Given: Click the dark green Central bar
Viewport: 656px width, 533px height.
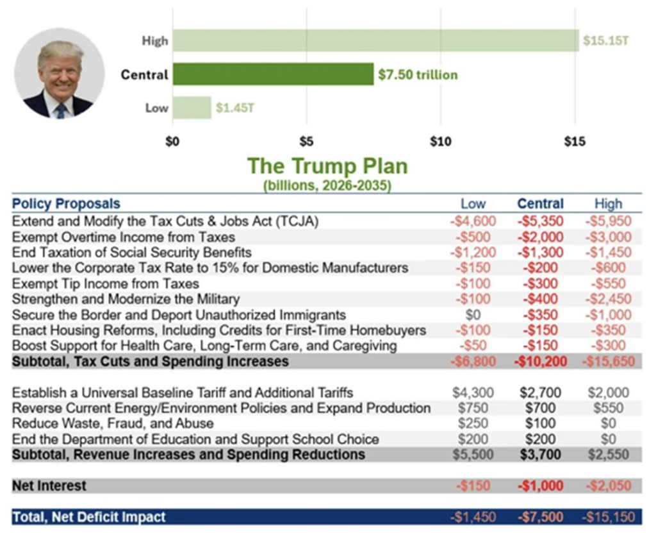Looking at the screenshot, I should pyautogui.click(x=272, y=74).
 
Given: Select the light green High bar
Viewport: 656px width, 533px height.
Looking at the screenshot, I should pyautogui.click(x=375, y=40).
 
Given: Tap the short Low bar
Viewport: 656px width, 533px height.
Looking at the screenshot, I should pyautogui.click(x=192, y=107).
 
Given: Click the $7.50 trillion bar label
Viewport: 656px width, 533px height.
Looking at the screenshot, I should pyautogui.click(x=418, y=75).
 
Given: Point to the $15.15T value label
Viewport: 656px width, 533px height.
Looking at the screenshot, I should pyautogui.click(x=606, y=41).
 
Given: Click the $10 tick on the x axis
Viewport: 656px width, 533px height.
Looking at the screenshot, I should pyautogui.click(x=440, y=141).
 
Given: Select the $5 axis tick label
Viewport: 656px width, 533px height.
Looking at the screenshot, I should pyautogui.click(x=306, y=141).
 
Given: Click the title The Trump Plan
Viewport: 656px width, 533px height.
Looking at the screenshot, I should pyautogui.click(x=327, y=166).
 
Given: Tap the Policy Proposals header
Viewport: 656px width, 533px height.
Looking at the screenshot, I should pyautogui.click(x=66, y=204).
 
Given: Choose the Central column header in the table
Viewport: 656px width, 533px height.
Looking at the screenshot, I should pyautogui.click(x=540, y=204).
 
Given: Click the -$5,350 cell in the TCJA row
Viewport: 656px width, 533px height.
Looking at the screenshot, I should pyautogui.click(x=540, y=221).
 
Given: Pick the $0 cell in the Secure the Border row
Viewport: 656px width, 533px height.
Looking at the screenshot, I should pyautogui.click(x=473, y=315).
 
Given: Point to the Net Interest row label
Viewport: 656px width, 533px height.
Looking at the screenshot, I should pyautogui.click(x=49, y=486).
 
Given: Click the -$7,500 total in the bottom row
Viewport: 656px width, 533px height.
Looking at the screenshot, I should pyautogui.click(x=540, y=517).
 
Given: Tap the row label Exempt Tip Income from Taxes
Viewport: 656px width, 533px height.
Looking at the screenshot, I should pyautogui.click(x=106, y=283).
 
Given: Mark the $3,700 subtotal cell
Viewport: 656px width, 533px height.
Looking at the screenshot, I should pyautogui.click(x=540, y=455).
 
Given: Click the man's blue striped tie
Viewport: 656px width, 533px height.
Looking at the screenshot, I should pyautogui.click(x=61, y=110).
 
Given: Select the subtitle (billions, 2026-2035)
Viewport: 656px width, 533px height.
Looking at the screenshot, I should pyautogui.click(x=327, y=186).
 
